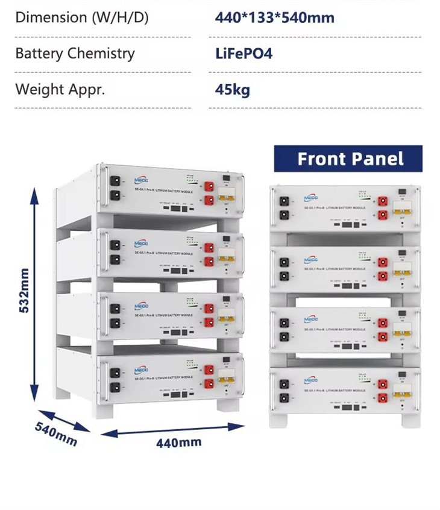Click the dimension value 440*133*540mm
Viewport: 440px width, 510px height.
click(x=274, y=17)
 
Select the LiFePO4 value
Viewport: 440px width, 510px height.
click(x=244, y=54)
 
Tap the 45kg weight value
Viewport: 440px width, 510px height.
click(x=232, y=90)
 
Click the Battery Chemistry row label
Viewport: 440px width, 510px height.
click(x=75, y=53)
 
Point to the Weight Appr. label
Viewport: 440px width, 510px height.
click(x=60, y=90)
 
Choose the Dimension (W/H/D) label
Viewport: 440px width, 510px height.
click(x=81, y=17)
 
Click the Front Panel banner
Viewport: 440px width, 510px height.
click(x=348, y=159)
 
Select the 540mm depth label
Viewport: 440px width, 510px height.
click(x=56, y=434)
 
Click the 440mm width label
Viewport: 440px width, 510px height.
click(x=178, y=442)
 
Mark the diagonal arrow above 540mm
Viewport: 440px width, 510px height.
click(x=62, y=420)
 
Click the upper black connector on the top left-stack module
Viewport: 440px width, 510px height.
click(x=115, y=180)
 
